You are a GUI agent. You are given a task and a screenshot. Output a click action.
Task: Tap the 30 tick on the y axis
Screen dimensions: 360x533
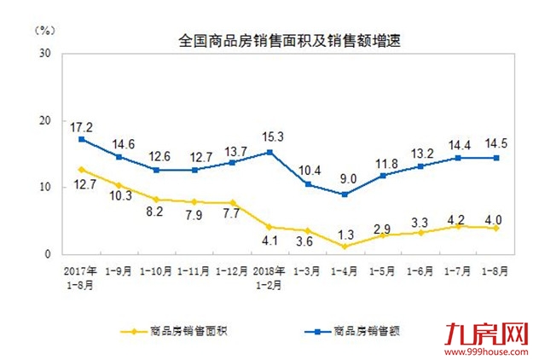click(x=44, y=53)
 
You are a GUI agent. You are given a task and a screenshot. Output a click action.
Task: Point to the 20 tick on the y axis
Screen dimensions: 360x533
click(x=44, y=120)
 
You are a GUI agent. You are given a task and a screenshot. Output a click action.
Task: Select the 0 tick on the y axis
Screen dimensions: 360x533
click(x=49, y=254)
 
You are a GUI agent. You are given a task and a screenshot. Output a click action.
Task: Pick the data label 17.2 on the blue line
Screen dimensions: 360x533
click(x=81, y=125)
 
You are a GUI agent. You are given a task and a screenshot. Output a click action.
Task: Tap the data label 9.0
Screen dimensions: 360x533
click(x=345, y=179)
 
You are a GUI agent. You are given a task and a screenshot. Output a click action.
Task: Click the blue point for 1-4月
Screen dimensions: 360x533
click(x=345, y=194)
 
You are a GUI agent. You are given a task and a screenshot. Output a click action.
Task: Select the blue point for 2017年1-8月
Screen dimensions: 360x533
click(x=81, y=139)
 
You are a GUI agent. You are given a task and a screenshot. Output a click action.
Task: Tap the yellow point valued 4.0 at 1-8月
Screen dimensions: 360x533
click(x=495, y=228)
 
